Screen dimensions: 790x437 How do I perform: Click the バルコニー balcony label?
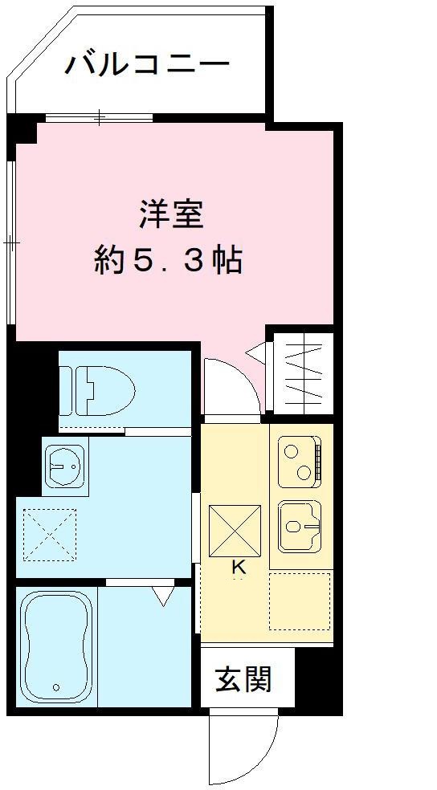[147, 63]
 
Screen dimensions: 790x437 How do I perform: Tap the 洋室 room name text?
[170, 215]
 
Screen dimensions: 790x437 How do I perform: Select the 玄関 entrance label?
[243, 679]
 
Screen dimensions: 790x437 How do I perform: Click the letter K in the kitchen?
[238, 567]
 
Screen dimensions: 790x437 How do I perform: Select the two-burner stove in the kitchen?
[300, 462]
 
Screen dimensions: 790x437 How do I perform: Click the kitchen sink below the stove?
[300, 526]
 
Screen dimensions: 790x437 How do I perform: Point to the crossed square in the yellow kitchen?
[235, 530]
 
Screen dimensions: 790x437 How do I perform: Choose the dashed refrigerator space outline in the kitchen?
[300, 601]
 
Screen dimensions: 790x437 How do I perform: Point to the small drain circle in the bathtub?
[56, 686]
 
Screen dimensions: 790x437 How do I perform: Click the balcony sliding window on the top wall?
[99, 118]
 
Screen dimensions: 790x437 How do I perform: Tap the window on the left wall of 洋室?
[10, 242]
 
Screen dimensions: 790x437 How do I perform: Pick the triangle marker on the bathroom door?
[164, 597]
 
